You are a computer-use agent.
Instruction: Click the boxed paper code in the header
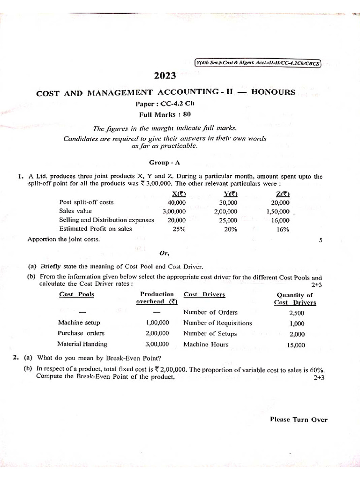(x=257, y=64)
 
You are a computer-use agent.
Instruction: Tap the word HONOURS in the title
(x=273, y=92)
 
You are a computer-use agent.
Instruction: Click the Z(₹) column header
(x=283, y=194)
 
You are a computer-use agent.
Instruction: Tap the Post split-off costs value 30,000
(x=228, y=202)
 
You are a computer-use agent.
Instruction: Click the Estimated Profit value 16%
(x=283, y=229)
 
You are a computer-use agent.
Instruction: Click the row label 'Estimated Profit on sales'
(x=95, y=229)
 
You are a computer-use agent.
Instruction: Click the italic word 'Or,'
(x=164, y=253)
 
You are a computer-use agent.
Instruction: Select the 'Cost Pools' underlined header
(x=76, y=294)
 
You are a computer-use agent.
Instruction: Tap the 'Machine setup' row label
(x=79, y=323)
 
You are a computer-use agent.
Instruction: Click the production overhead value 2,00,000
(x=157, y=333)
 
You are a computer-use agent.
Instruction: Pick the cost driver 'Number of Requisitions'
(x=217, y=323)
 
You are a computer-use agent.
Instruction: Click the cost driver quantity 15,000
(x=295, y=345)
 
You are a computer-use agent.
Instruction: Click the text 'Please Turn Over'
(x=299, y=420)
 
